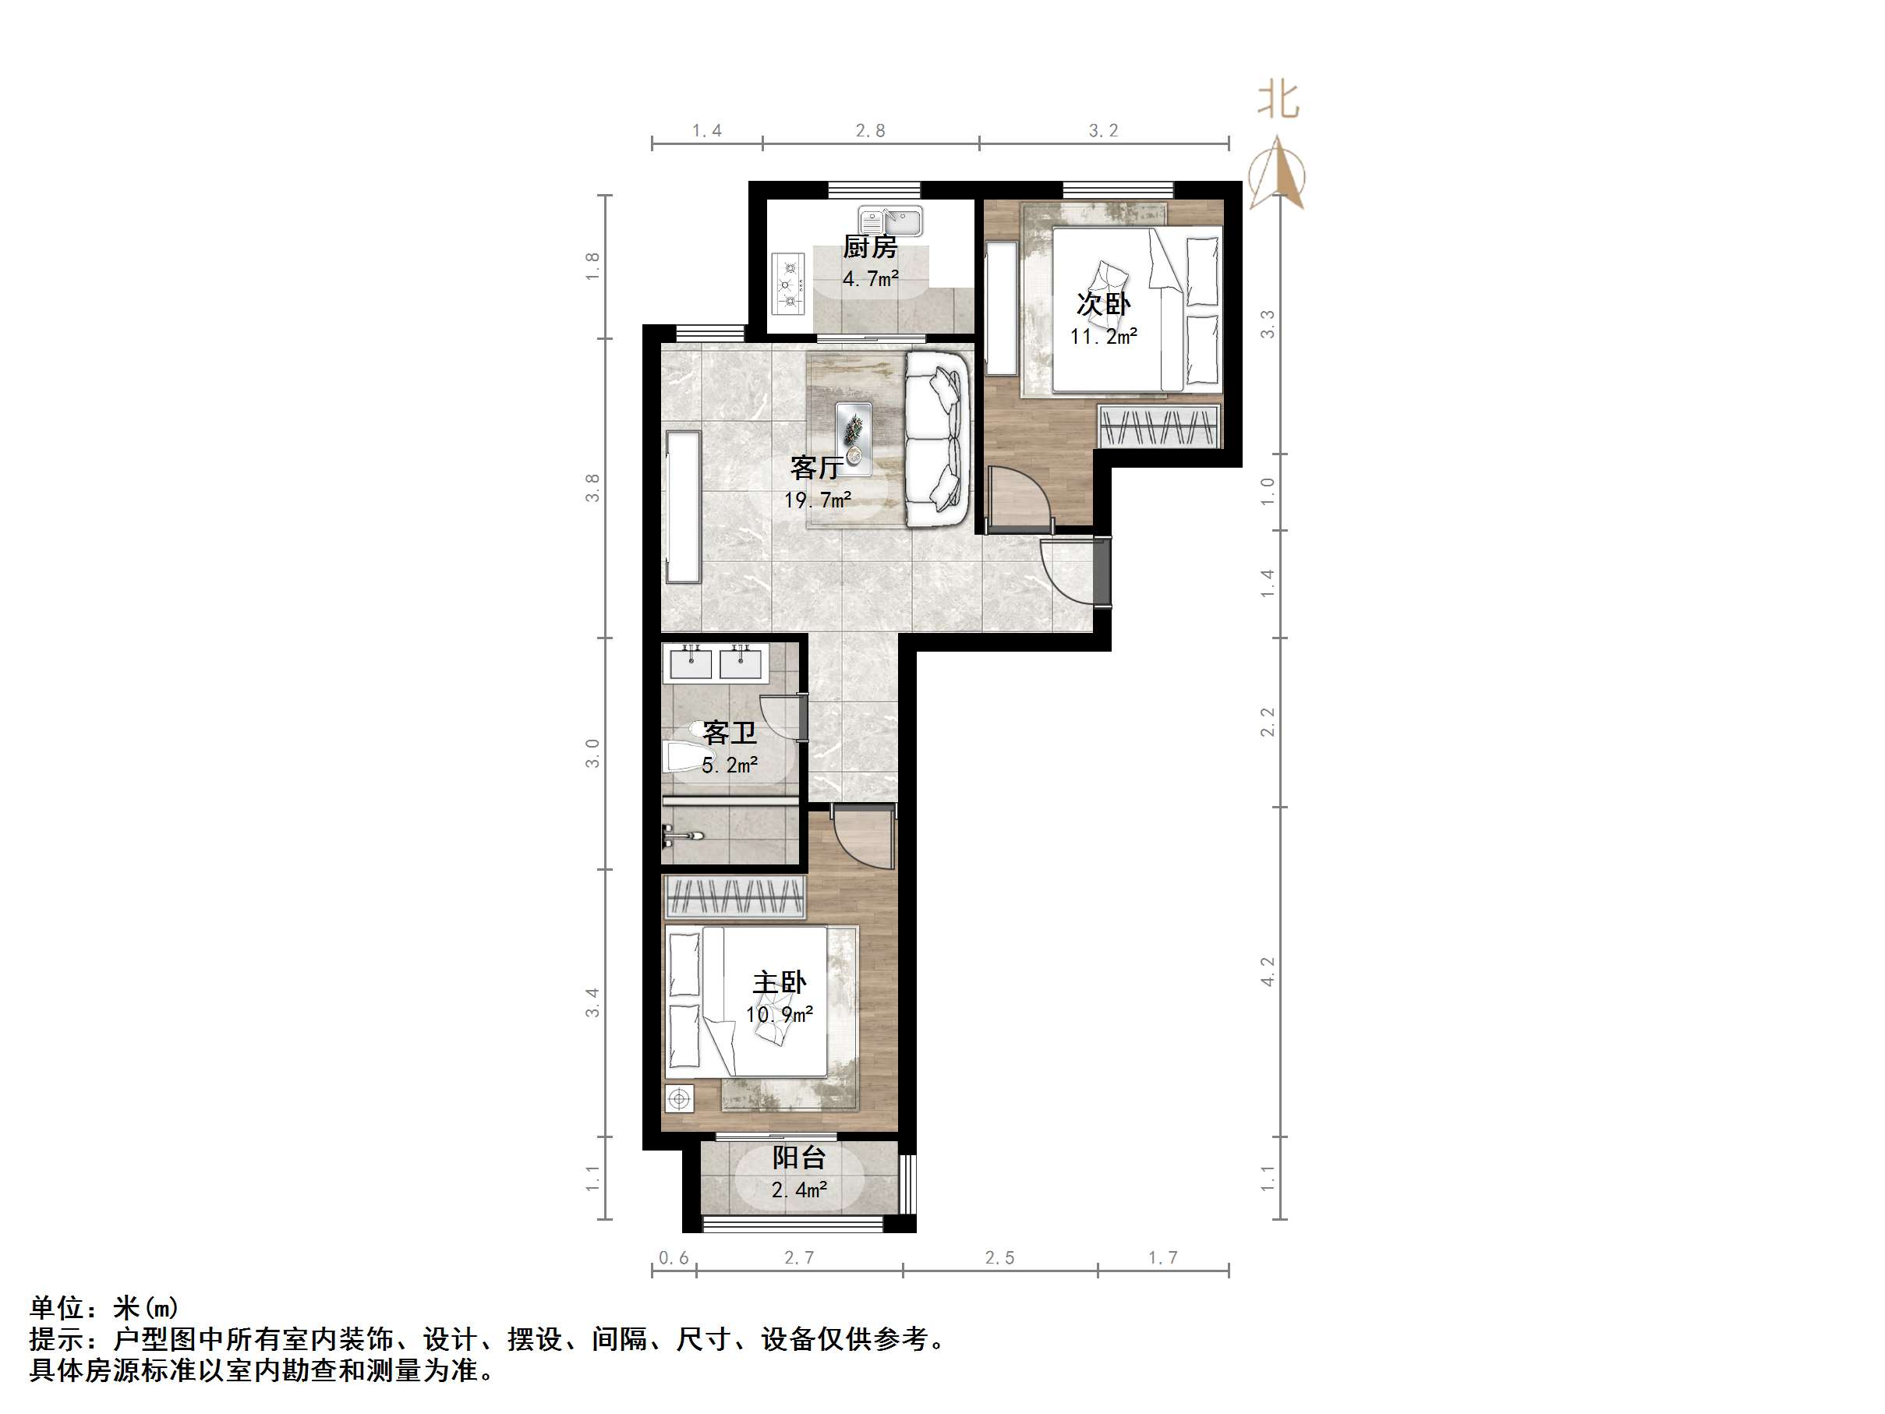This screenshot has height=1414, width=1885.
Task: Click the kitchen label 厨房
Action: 870,247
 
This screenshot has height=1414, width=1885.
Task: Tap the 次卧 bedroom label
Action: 1104,303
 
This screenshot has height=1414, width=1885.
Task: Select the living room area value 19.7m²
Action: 817,500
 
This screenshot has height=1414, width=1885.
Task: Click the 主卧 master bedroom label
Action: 779,983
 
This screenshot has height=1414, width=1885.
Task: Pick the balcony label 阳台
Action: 798,1158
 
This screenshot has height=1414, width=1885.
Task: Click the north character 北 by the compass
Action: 1278,101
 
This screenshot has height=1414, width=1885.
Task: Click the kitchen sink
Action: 889,221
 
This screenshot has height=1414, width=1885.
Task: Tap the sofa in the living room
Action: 937,440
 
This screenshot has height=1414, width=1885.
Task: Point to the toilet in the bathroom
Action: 682,756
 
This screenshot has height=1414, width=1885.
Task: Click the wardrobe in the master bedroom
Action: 734,896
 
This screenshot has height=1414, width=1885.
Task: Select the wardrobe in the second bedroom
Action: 1159,426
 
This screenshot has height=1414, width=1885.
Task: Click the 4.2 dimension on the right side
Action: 1267,972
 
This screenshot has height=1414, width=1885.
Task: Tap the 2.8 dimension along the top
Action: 870,130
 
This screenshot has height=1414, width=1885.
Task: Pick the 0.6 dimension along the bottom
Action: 674,1258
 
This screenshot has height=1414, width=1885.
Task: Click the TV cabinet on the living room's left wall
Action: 683,507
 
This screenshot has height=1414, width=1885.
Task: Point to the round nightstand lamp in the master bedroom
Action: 679,1100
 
